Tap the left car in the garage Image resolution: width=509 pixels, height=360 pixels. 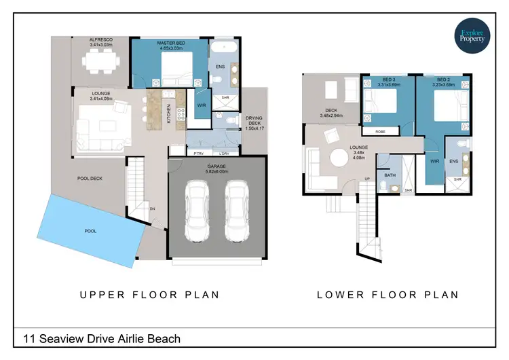tap(196, 211)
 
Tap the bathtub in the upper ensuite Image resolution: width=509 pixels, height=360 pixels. tap(223, 50)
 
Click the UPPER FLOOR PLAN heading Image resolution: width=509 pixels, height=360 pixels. tap(149, 295)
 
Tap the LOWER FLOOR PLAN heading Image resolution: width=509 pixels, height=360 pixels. tap(388, 295)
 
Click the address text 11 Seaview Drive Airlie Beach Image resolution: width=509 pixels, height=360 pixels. tap(102, 338)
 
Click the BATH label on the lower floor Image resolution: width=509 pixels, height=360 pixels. tap(390, 175)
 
